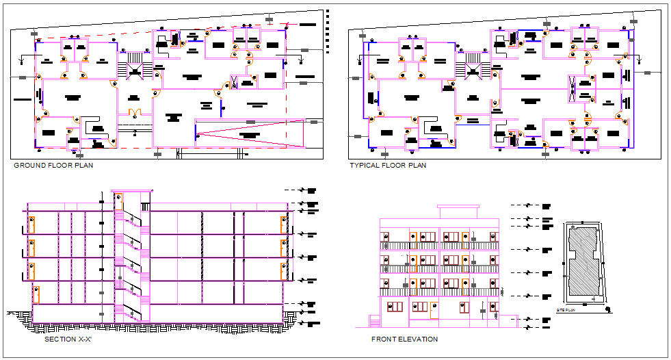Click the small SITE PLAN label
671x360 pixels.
pos(566,310)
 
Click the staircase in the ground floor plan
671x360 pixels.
pos(133,67)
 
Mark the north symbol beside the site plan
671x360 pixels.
pos(608,309)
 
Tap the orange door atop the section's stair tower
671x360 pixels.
pos(119,202)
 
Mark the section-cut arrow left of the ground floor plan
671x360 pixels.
pos(23,60)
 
